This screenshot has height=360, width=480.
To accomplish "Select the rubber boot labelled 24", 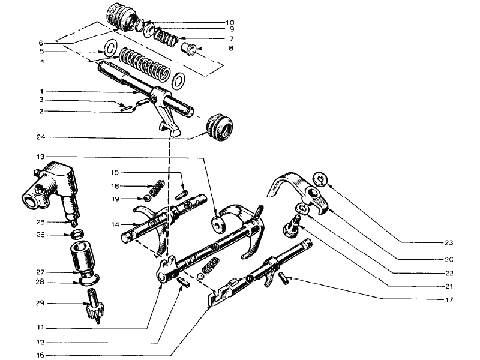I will coord(220,127).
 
